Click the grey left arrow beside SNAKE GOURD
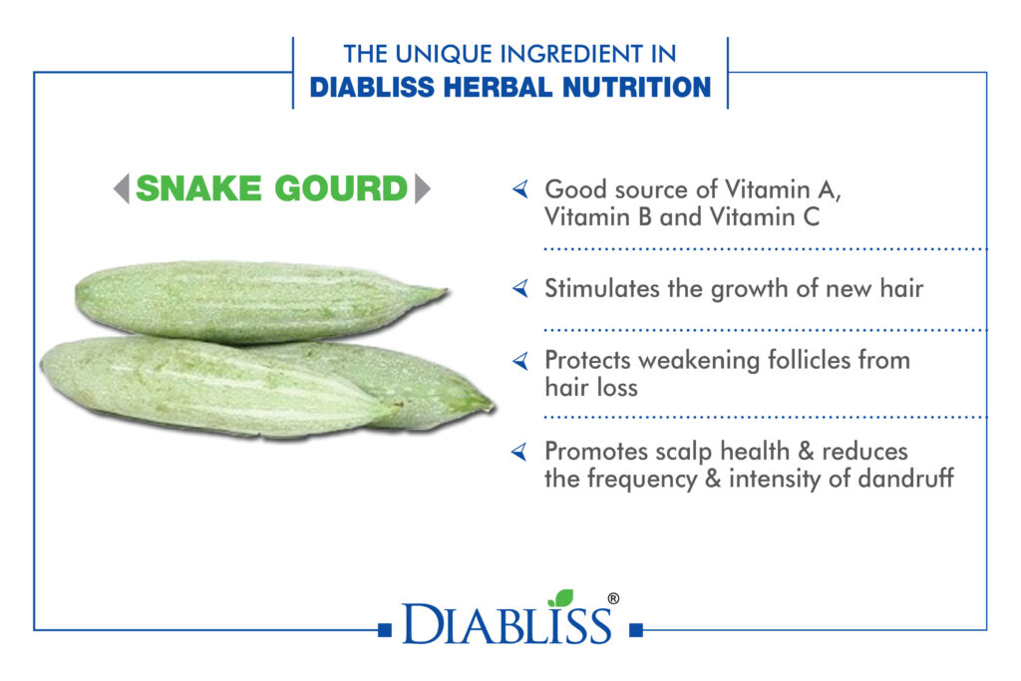[121, 188]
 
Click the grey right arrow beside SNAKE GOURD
[423, 188]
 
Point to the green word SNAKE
[198, 188]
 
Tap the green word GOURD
[341, 188]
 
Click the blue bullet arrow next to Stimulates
[520, 288]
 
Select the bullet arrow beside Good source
[520, 189]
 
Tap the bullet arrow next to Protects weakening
[520, 360]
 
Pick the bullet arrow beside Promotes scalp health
[519, 452]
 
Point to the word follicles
[810, 360]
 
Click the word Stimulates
[601, 288]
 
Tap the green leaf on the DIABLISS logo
[561, 597]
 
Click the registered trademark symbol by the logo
[613, 598]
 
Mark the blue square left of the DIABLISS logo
[385, 629]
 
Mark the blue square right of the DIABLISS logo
[636, 629]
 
